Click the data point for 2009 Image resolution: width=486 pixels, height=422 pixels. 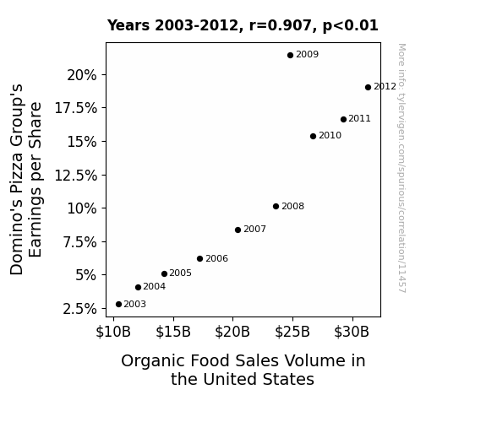pyautogui.click(x=290, y=56)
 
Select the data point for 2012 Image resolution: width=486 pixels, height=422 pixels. pyautogui.click(x=368, y=87)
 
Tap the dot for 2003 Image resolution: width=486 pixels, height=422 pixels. pyautogui.click(x=118, y=305)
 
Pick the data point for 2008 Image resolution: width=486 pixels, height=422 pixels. pyautogui.click(x=276, y=206)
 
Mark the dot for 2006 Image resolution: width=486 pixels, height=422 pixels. pyautogui.click(x=199, y=258)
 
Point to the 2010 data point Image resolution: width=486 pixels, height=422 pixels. pyautogui.click(x=313, y=136)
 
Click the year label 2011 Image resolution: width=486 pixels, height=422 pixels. pyautogui.click(x=359, y=118)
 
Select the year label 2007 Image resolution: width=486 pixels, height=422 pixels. pyautogui.click(x=254, y=229)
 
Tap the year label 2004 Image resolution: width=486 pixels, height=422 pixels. pyautogui.click(x=155, y=287)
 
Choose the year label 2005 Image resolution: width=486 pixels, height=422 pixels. pyautogui.click(x=180, y=273)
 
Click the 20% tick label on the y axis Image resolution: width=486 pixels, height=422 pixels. pyautogui.click(x=82, y=75)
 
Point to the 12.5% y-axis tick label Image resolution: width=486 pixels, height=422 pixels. pyautogui.click(x=75, y=176)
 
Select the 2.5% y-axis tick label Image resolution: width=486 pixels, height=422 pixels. pyautogui.click(x=79, y=309)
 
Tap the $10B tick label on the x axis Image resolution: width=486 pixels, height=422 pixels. pyautogui.click(x=113, y=332)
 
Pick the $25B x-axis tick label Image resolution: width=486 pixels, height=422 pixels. pyautogui.click(x=292, y=332)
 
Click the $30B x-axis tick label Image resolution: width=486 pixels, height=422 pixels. pyautogui.click(x=352, y=332)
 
